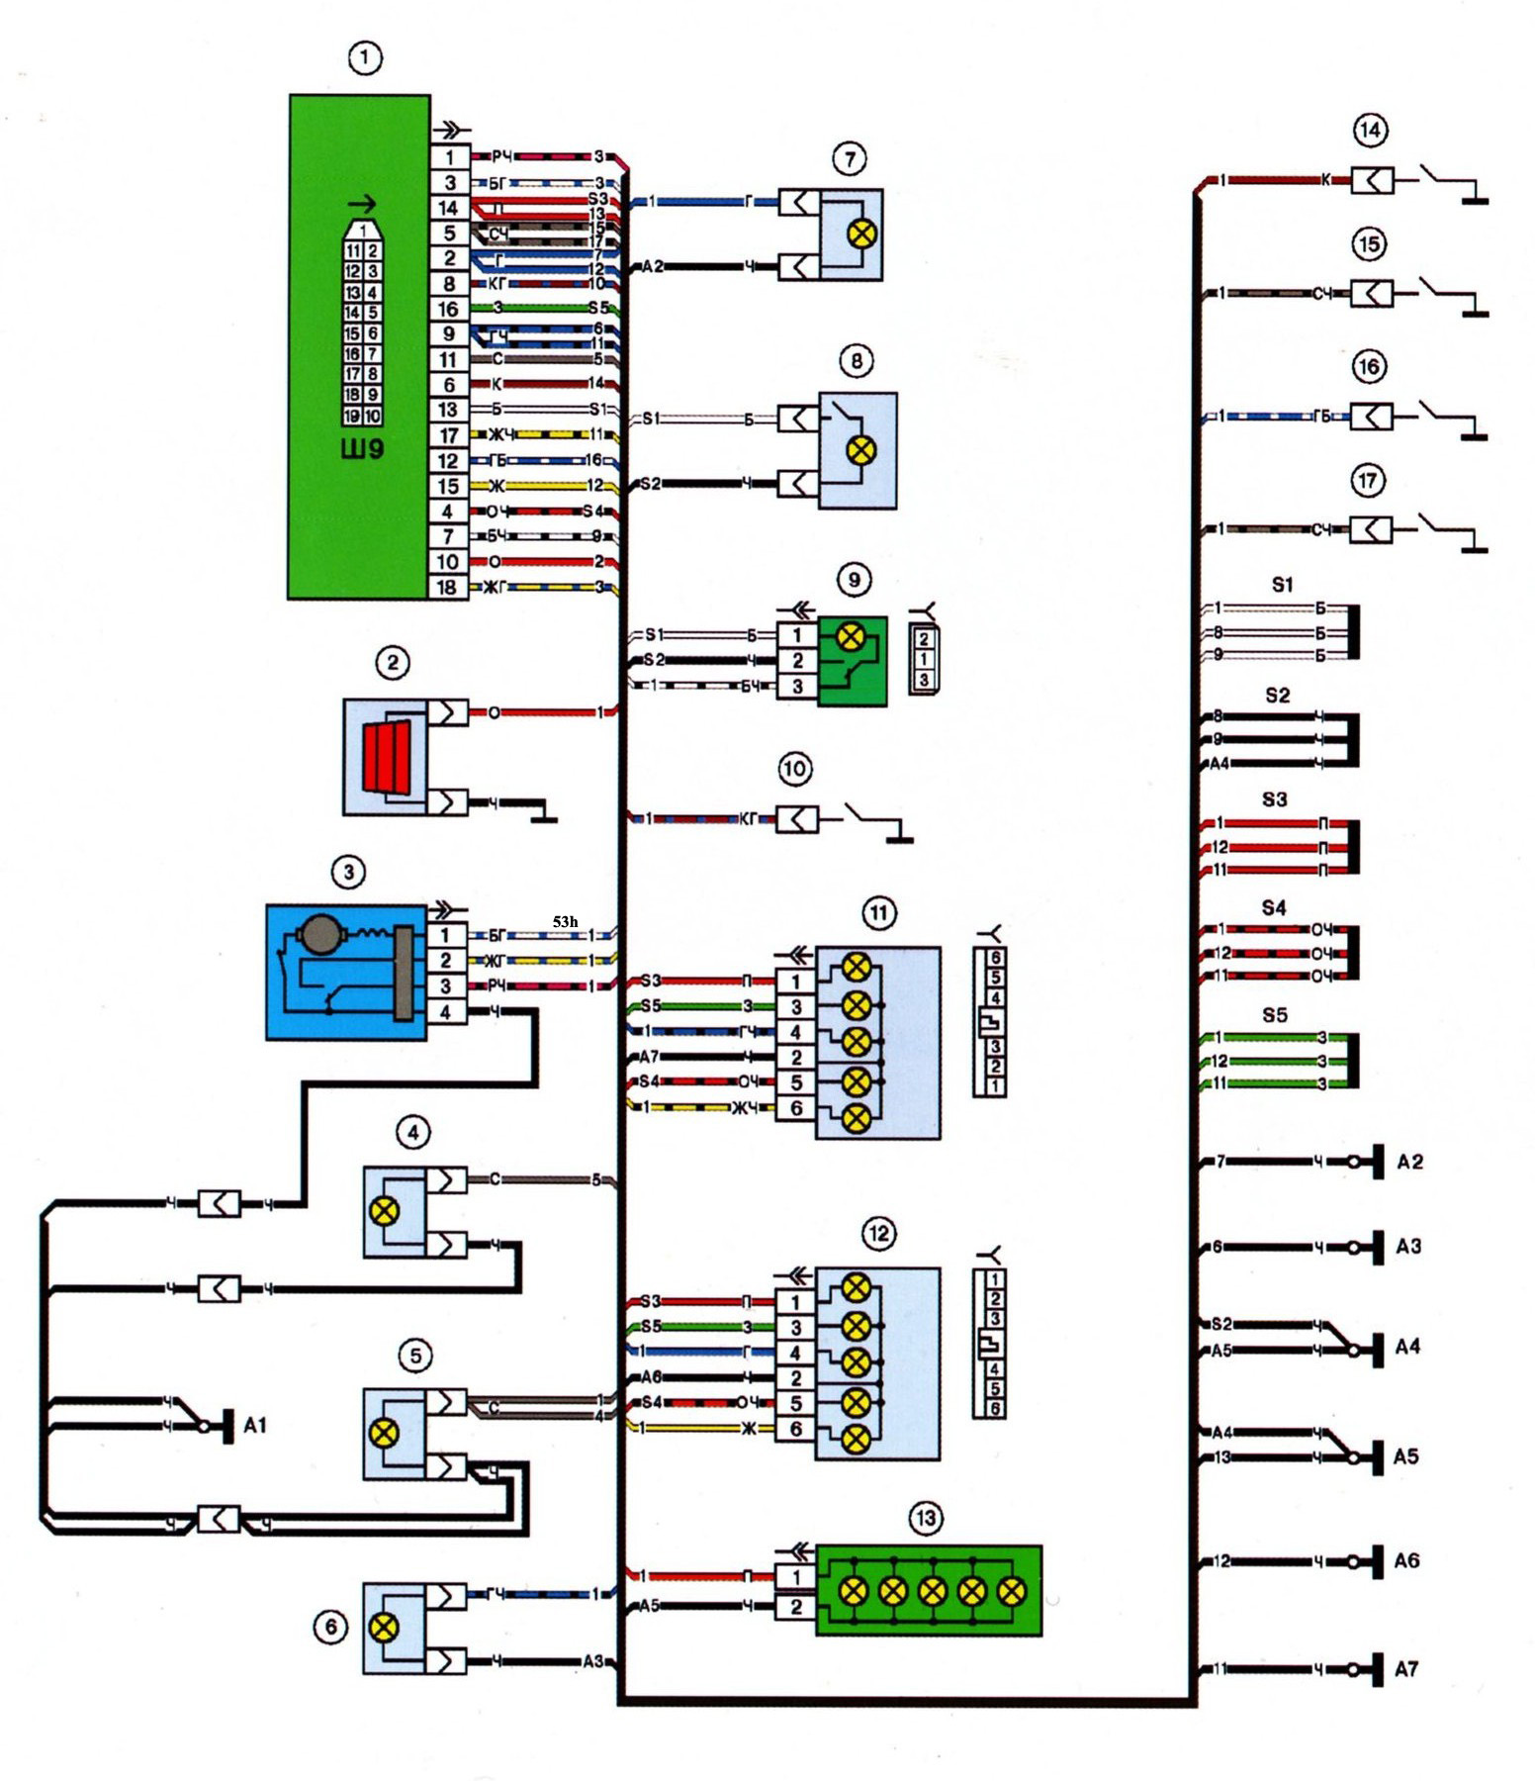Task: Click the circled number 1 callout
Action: click(365, 58)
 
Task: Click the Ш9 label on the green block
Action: click(362, 449)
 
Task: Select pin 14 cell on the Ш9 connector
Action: click(448, 208)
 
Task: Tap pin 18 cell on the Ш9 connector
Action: click(448, 588)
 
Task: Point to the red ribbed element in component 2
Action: click(385, 757)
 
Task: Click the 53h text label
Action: click(565, 922)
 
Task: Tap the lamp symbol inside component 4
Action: click(384, 1210)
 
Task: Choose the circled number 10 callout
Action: click(794, 769)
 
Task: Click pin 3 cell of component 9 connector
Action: click(797, 687)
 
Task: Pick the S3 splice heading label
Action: click(1275, 799)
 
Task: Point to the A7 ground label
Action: click(1406, 1670)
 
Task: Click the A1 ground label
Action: click(255, 1426)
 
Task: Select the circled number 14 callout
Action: click(1370, 131)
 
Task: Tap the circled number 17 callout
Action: click(1368, 482)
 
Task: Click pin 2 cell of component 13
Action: click(796, 1608)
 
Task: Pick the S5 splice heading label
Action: click(1275, 1015)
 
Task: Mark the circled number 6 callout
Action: click(331, 1627)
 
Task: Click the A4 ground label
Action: click(1407, 1347)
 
